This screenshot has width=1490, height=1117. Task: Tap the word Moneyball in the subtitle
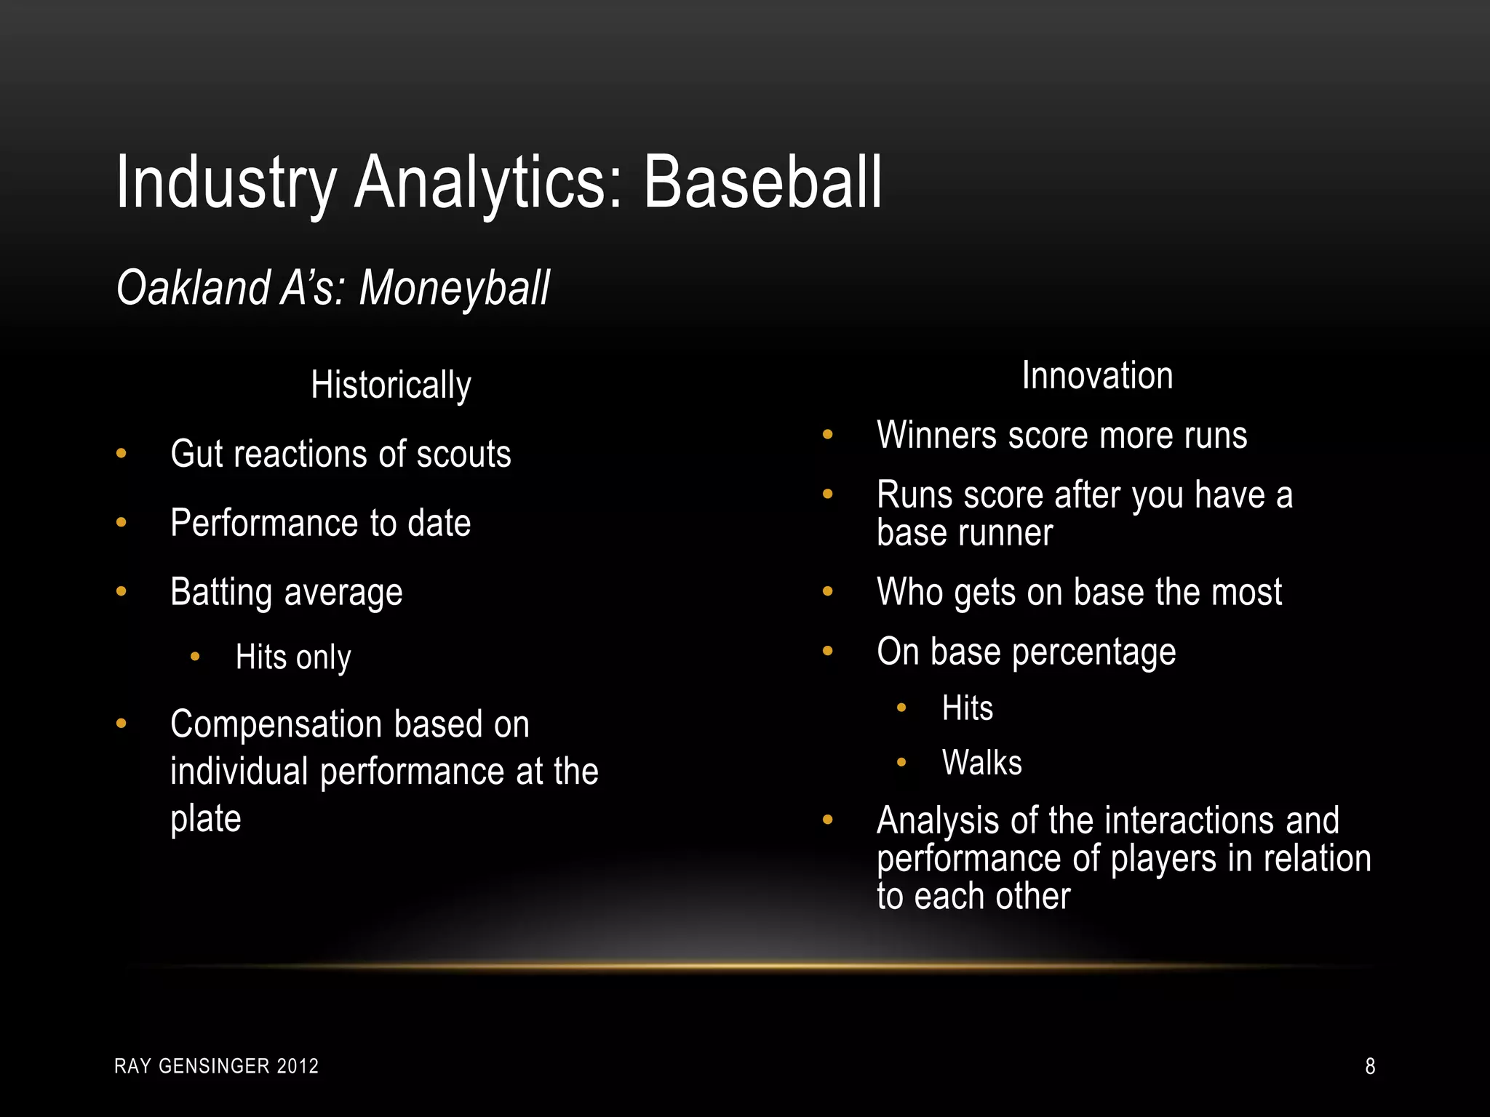coord(454,288)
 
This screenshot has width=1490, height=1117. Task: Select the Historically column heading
coord(391,385)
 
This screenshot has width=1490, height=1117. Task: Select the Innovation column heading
coord(1097,376)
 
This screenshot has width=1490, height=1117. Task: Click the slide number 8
coord(1370,1066)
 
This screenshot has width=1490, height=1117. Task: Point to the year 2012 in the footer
coord(298,1066)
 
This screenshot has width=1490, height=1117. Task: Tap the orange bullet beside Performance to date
coord(121,522)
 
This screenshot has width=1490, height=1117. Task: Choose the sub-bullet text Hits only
coord(293,657)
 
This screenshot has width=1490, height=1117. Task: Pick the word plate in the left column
coord(205,819)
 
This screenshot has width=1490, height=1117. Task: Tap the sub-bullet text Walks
coord(981,763)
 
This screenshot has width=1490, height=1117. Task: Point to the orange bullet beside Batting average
coord(121,591)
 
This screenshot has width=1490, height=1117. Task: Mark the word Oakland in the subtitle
coord(194,288)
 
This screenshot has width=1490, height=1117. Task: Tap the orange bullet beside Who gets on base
coord(828,591)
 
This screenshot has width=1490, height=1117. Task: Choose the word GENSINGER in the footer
coord(214,1066)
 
